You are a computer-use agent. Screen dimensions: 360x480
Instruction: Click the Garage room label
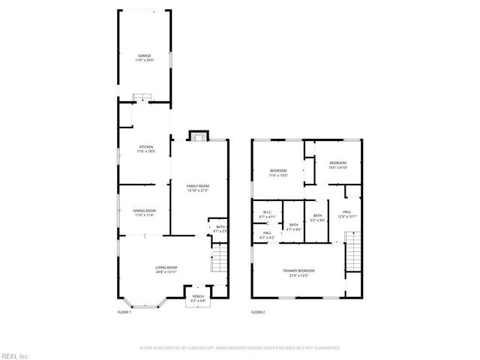(143, 58)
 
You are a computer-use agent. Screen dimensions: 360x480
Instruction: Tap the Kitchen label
(145, 148)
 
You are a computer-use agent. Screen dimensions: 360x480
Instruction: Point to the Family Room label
(198, 187)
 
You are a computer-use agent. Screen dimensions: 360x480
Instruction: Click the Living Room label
(166, 270)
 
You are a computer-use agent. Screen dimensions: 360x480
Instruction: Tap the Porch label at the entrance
(198, 298)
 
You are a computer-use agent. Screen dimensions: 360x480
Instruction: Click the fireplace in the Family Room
(198, 136)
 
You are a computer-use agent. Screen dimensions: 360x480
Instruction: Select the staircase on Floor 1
(217, 262)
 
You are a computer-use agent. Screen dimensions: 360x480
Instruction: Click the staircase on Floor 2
(351, 251)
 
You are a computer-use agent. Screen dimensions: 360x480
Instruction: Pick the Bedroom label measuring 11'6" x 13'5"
(279, 172)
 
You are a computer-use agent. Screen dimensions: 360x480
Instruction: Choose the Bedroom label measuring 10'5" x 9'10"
(337, 165)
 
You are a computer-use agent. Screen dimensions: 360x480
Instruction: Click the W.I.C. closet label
(267, 214)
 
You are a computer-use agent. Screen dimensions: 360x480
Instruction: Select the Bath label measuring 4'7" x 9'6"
(294, 226)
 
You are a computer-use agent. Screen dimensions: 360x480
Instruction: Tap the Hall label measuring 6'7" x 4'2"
(267, 235)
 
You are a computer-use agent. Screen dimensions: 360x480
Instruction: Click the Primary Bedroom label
(298, 272)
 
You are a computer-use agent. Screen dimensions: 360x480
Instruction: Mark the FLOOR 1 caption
(124, 311)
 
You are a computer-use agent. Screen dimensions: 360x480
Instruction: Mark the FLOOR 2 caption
(258, 311)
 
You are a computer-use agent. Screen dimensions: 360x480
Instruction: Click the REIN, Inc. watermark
(15, 355)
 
